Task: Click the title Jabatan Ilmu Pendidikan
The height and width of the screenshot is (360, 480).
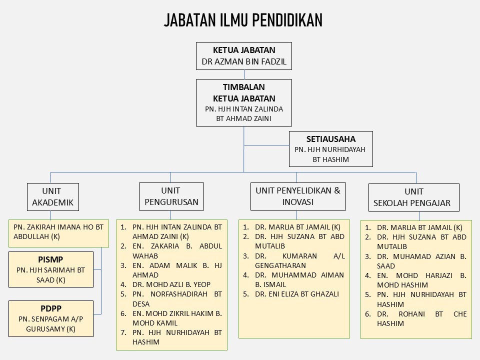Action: (x=243, y=20)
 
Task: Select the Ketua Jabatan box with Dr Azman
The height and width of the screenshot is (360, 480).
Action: (x=244, y=56)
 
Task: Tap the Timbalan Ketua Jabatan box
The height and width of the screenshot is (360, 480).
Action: (x=244, y=103)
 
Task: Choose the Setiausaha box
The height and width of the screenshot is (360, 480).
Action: (x=331, y=149)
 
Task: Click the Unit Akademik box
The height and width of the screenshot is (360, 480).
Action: (x=53, y=197)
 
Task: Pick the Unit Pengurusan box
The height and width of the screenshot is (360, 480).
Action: (x=171, y=196)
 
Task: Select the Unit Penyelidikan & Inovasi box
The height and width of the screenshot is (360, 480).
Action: (x=298, y=196)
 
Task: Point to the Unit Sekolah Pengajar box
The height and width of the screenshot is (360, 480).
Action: (x=414, y=197)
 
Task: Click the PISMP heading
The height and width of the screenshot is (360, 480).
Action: (x=51, y=259)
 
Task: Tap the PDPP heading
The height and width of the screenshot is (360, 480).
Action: (x=51, y=308)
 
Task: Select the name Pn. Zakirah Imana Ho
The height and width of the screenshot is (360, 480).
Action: (x=58, y=231)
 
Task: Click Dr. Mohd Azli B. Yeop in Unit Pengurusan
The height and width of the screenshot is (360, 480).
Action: (x=171, y=284)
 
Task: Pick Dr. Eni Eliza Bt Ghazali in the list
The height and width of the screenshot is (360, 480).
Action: (x=297, y=294)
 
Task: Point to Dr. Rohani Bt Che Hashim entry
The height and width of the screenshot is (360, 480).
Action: (x=422, y=318)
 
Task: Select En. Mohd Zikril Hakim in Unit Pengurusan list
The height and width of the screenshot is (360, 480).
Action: (x=177, y=318)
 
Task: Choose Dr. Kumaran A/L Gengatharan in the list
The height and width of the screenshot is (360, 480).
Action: (x=300, y=260)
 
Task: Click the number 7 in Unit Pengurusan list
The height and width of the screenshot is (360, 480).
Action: (x=123, y=332)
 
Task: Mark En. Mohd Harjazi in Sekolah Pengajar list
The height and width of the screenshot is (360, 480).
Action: (x=422, y=280)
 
